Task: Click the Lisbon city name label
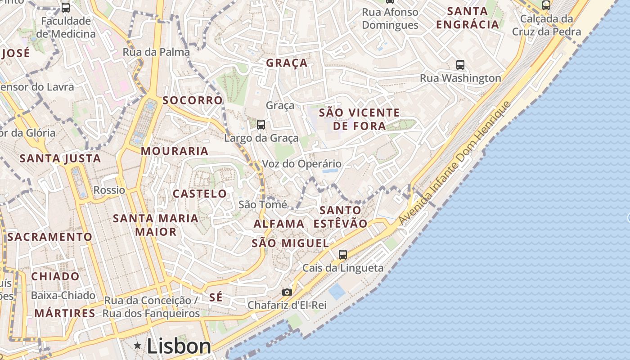(179, 346)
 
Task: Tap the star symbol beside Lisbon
(137, 345)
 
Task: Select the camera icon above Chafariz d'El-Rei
(287, 292)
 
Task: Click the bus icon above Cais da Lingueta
(343, 255)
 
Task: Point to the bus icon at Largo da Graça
(261, 125)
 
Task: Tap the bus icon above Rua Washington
(460, 65)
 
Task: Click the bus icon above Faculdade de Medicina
(66, 8)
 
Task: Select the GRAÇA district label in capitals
(287, 63)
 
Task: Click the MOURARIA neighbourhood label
(175, 151)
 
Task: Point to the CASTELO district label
(200, 194)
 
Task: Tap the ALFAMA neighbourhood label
(279, 224)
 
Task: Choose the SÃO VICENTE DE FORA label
(359, 119)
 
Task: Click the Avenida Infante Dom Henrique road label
(455, 163)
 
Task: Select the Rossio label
(109, 190)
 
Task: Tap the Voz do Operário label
(301, 164)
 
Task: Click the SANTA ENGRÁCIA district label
(468, 18)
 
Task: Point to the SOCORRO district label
(193, 100)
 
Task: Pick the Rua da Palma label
(156, 52)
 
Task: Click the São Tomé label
(263, 205)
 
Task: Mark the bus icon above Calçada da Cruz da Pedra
(546, 6)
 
